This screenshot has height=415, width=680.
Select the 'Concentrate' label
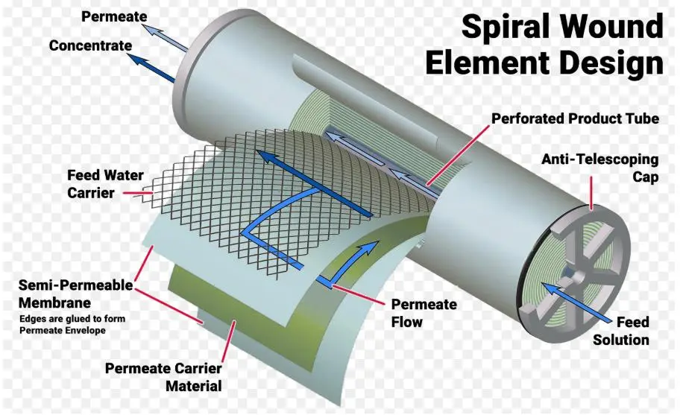click(x=90, y=45)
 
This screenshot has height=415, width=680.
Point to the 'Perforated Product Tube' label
click(x=575, y=119)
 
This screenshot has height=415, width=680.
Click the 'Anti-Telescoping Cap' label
click(x=599, y=168)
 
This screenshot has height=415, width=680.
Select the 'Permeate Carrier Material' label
click(x=163, y=376)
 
